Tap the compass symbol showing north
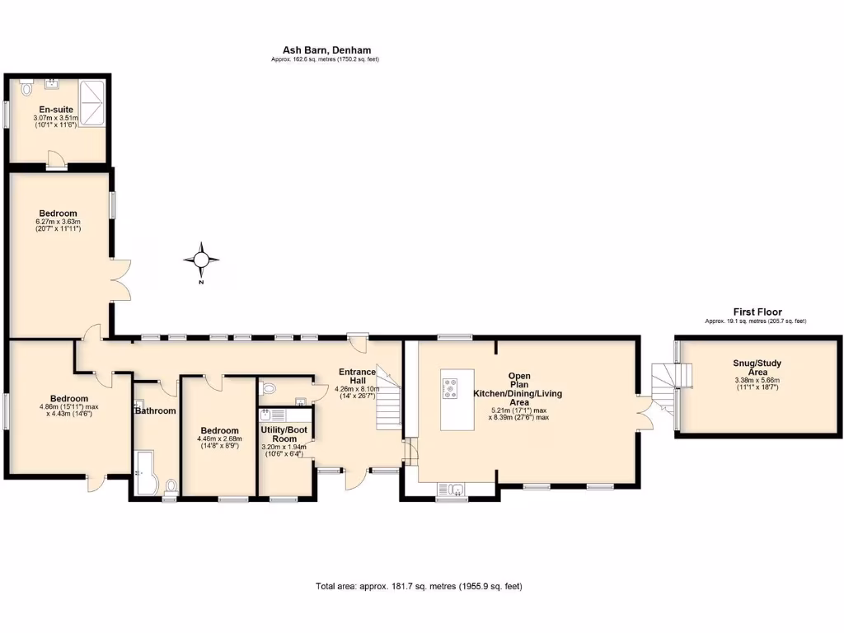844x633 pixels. [201, 260]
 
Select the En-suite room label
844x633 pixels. [56, 110]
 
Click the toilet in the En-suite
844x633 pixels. [25, 86]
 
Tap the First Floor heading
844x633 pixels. [757, 312]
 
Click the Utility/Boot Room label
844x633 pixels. [284, 434]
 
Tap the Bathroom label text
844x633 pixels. [156, 410]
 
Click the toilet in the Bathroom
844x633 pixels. [171, 486]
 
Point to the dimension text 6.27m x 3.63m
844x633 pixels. [58, 222]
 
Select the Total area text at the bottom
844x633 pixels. [419, 587]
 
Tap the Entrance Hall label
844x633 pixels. [357, 377]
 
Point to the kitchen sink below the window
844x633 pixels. [452, 489]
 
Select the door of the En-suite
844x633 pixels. [56, 160]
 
